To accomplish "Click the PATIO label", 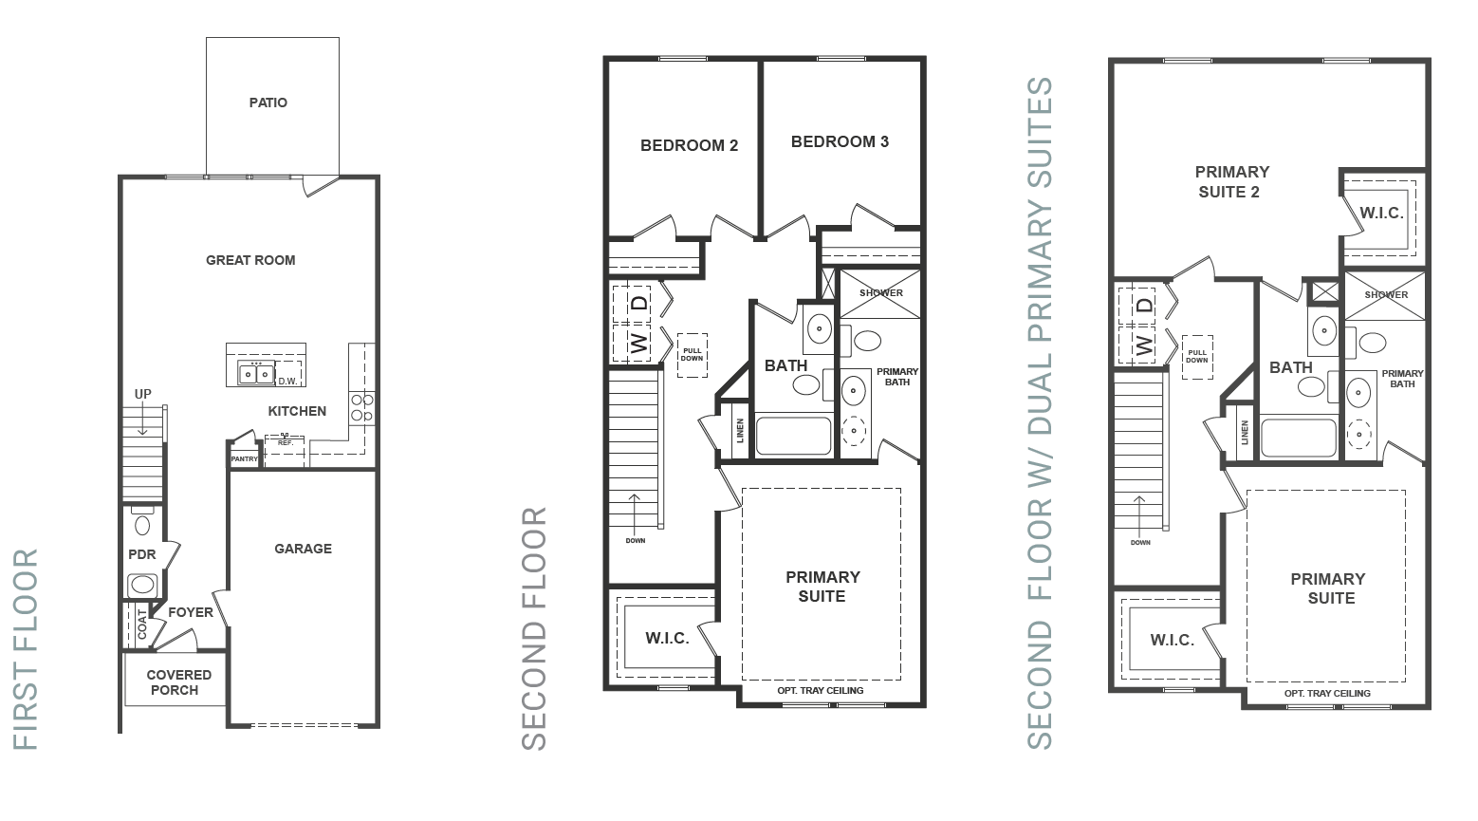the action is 268,103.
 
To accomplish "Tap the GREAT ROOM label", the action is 250,261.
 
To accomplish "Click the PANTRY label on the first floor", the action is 244,458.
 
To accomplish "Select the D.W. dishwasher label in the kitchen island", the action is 287,381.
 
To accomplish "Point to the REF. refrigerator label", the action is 285,443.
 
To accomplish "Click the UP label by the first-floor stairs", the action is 143,394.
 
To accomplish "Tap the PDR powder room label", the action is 142,554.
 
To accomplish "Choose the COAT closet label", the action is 142,624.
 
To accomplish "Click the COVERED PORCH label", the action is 178,682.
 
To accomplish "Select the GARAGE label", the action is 303,550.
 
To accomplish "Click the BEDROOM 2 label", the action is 689,146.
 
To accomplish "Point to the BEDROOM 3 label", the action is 840,141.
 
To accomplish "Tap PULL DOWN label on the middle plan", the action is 693,355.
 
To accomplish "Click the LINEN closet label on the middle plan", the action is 740,430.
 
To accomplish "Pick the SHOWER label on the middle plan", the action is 881,293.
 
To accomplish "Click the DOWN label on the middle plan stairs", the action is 636,541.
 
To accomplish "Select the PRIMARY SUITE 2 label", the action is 1231,182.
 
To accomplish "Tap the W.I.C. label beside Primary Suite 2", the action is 1381,214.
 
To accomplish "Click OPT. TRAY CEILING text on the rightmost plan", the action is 1327,694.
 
